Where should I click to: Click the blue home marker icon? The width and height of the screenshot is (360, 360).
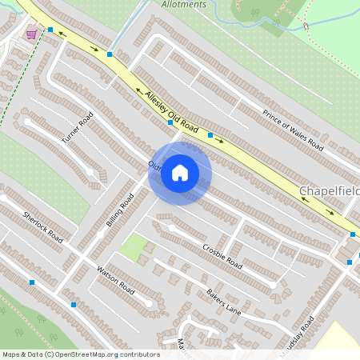click(x=180, y=173)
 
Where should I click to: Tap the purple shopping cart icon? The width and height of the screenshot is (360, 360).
click(x=31, y=34)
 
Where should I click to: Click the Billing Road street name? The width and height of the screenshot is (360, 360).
click(x=118, y=210)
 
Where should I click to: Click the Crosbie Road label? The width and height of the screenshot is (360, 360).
click(x=222, y=254)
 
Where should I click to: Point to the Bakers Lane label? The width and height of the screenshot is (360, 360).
click(x=223, y=302)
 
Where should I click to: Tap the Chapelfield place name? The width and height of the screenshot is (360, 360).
click(x=330, y=192)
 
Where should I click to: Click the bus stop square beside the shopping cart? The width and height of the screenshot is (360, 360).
click(x=50, y=30)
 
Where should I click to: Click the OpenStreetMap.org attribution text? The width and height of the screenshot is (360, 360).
click(x=106, y=354)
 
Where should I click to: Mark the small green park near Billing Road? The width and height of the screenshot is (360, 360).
click(x=134, y=247)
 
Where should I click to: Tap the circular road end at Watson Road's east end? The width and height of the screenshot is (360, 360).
click(x=150, y=303)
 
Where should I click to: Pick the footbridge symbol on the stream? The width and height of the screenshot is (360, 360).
click(x=306, y=27)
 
